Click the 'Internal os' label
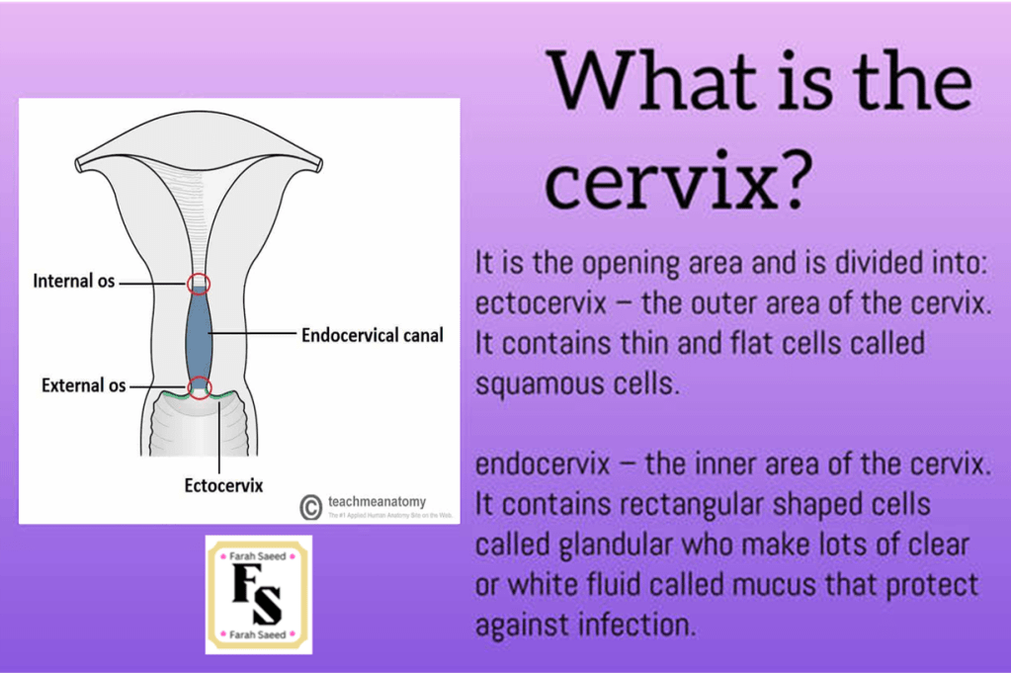73,281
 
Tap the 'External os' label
83,385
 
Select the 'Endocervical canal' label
372,335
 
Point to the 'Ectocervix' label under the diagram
223,485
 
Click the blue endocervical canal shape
199,334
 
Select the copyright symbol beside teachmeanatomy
310,507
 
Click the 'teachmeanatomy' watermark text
378,501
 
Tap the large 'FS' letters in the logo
257,594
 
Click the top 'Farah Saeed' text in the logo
257,556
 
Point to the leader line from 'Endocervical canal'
254,333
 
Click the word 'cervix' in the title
657,183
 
